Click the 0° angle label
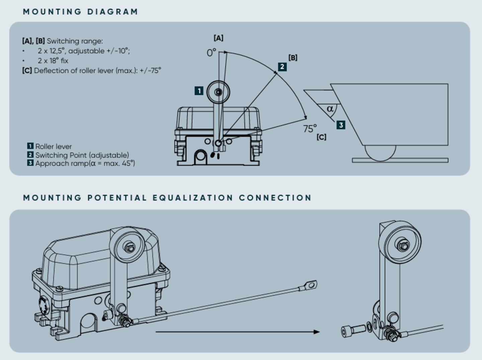pyautogui.click(x=211, y=53)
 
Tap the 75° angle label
pyautogui.click(x=310, y=129)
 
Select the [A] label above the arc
pyautogui.click(x=219, y=38)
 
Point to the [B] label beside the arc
pyautogui.click(x=293, y=58)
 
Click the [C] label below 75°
pyautogui.click(x=321, y=137)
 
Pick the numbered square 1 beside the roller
pyautogui.click(x=199, y=91)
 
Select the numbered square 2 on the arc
pyautogui.click(x=282, y=67)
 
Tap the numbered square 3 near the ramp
pyautogui.click(x=341, y=125)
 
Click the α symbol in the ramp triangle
pyautogui.click(x=330, y=109)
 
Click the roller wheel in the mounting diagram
pyautogui.click(x=218, y=92)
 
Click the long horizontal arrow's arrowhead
pyautogui.click(x=316, y=332)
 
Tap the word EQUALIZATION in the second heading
pyautogui.click(x=193, y=198)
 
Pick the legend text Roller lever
pyautogui.click(x=54, y=146)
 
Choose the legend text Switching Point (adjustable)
pyautogui.click(x=82, y=155)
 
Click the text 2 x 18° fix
pyautogui.click(x=53, y=61)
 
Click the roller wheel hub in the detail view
pyautogui.click(x=404, y=246)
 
